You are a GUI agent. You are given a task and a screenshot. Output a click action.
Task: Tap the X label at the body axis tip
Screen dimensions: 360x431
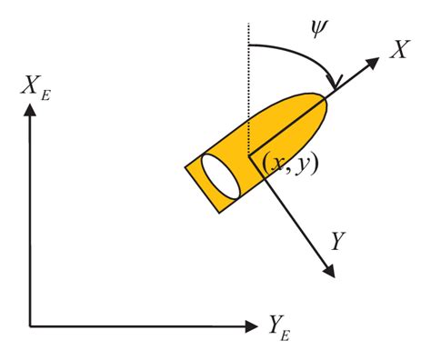point(397,51)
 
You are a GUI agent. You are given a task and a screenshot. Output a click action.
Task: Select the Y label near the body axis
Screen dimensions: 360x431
point(338,241)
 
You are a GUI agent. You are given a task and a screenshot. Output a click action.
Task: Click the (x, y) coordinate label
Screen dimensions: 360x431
point(288,164)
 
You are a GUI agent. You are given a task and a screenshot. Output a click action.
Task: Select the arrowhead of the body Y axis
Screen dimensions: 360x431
point(327,270)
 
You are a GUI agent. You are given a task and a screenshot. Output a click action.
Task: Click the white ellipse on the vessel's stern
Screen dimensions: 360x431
point(220,175)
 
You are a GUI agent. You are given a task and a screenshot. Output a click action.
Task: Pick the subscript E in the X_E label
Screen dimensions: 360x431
point(45,94)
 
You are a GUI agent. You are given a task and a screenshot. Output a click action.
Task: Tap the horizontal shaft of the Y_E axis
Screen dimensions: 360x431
point(136,325)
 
